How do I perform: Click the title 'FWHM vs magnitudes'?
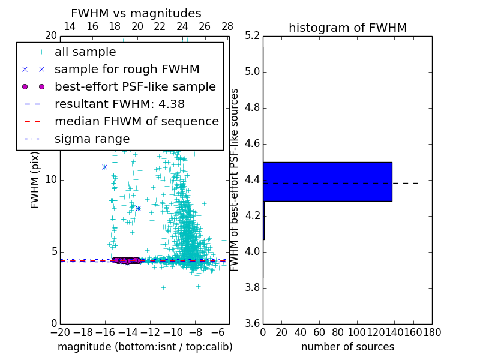136,13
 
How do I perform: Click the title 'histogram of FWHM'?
347,28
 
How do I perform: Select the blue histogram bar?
327,181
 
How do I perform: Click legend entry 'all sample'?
85,52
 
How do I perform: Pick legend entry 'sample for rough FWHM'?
127,69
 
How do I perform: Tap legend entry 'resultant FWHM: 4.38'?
119,104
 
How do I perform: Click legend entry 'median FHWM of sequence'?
136,121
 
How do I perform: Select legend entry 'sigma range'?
92,139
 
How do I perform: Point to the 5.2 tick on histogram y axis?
252,36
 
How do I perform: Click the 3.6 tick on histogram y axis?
252,323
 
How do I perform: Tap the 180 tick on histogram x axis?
432,332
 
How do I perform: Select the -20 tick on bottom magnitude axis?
60,332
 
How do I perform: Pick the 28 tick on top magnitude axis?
227,26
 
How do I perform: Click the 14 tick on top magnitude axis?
70,26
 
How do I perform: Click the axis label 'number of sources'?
347,347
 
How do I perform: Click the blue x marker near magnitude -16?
104,167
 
